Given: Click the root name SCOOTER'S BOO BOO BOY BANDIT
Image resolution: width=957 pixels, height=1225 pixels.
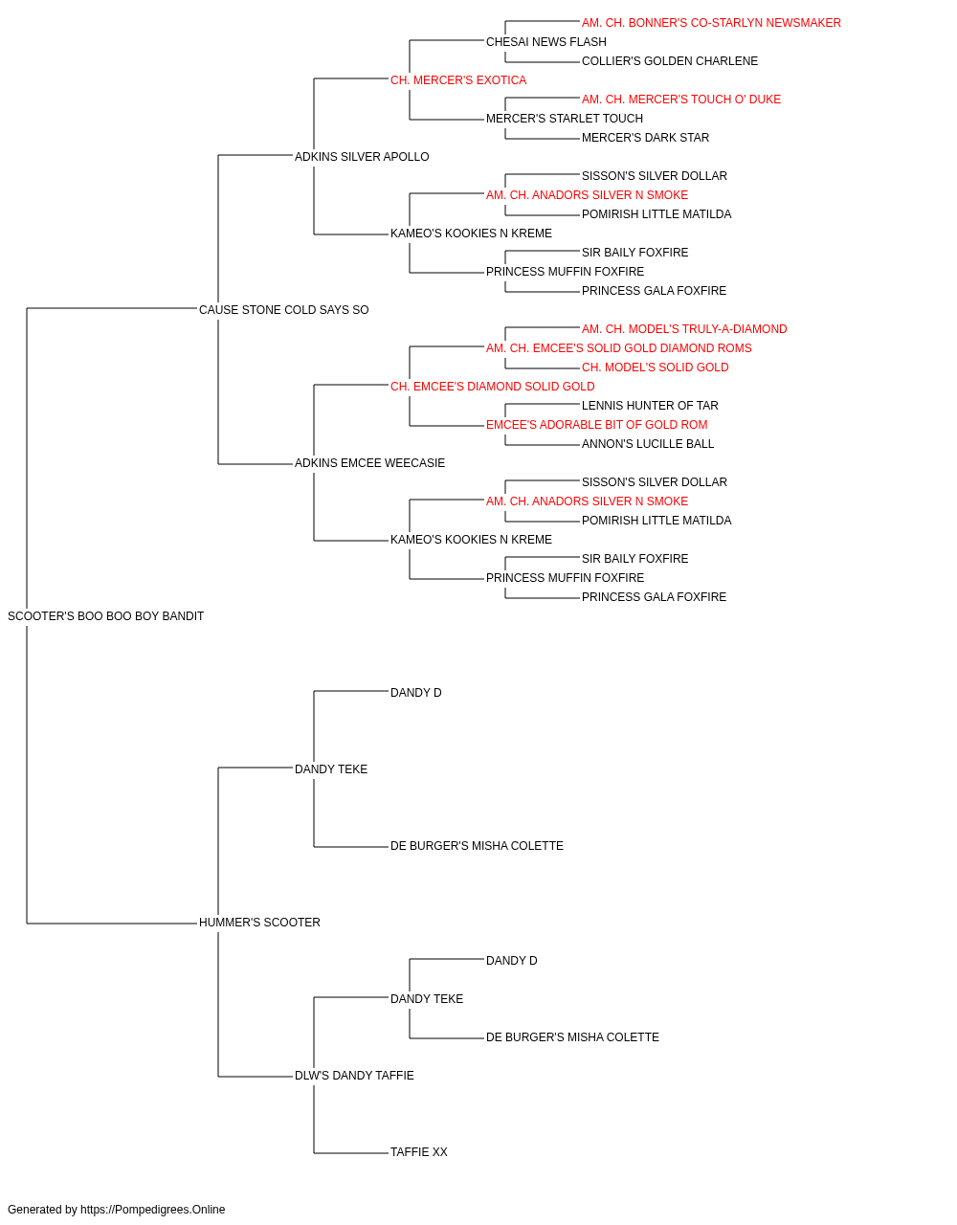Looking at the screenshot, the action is (105, 616).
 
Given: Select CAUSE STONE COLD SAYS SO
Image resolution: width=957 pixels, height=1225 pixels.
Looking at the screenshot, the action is (283, 310).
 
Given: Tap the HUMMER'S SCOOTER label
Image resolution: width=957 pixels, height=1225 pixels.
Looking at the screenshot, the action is (259, 923).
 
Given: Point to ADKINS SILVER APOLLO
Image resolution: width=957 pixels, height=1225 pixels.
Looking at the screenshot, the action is (362, 157).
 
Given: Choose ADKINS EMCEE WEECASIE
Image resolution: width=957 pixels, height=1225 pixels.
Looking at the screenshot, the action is (369, 463).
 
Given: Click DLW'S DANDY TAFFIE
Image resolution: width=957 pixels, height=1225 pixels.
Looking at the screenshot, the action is (354, 1076).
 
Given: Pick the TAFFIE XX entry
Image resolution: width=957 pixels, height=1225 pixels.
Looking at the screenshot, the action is (418, 1152).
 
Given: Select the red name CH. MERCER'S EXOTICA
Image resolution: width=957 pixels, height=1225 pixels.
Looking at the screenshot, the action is (458, 80).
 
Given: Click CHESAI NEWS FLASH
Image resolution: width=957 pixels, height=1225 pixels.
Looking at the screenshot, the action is (546, 42).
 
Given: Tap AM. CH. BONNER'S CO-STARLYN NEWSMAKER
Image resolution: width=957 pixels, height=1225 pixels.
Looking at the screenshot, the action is (711, 23).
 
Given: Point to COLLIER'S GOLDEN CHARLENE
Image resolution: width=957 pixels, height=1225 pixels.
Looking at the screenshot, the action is (670, 61).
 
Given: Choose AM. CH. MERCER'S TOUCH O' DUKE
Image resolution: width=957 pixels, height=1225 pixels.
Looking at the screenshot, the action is (680, 100).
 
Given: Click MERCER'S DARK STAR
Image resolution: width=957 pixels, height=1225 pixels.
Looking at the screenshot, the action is (645, 138).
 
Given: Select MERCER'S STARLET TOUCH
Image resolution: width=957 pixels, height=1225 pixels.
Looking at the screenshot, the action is (565, 119).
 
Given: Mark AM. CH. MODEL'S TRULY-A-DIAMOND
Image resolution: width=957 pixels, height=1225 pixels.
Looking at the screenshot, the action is (684, 329).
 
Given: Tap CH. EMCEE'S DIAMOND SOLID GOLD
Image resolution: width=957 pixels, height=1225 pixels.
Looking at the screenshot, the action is (492, 387).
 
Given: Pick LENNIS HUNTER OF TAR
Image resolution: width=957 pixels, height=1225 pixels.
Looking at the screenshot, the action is (650, 406).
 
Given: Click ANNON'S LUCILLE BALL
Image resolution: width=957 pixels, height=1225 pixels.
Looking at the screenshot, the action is (648, 444).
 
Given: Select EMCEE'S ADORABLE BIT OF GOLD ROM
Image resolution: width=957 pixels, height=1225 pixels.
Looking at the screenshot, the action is (596, 425).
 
